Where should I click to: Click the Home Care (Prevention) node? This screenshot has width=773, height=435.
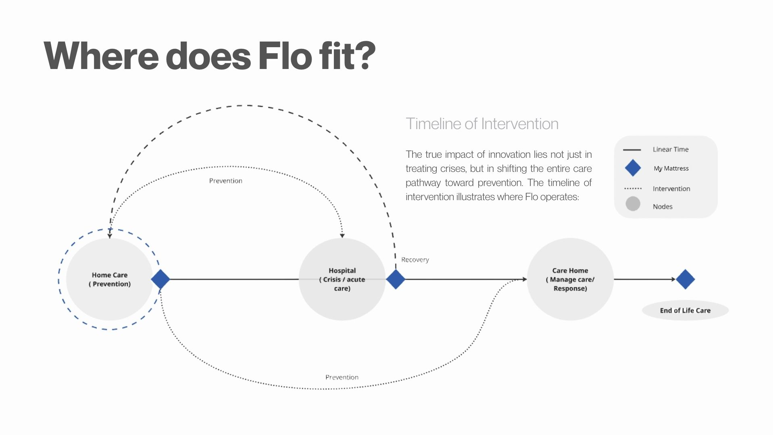coord(109,279)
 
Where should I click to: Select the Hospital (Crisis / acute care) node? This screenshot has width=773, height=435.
coord(342,279)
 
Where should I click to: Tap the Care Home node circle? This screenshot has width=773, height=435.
coord(570,279)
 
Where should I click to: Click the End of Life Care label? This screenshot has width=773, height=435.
coord(685,310)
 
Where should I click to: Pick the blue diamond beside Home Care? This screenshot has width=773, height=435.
coord(160,279)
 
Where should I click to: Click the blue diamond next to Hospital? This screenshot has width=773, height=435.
coord(396,279)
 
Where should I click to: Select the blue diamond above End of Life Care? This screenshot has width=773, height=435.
coord(685,279)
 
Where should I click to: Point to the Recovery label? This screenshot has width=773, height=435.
coord(415,260)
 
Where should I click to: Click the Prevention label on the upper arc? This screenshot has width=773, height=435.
coord(225,181)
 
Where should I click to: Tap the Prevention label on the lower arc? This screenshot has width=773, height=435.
coord(342,377)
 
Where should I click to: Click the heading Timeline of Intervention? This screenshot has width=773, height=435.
coord(482,124)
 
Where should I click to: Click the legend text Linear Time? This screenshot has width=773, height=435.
coord(671,149)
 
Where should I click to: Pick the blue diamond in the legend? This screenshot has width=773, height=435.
coord(633,168)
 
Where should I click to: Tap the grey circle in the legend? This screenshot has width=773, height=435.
coord(633,204)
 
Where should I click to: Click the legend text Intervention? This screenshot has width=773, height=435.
coord(671,189)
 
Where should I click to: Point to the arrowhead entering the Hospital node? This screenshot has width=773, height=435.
coord(342,235)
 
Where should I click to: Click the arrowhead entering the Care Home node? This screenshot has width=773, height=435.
coord(524,279)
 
